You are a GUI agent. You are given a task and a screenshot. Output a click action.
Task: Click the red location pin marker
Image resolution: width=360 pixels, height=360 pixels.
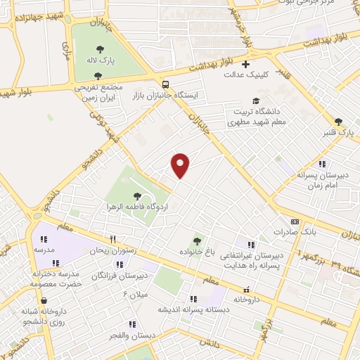tap(181, 165)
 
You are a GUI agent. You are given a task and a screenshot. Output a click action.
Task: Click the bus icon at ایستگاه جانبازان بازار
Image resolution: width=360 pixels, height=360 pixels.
tap(165, 83)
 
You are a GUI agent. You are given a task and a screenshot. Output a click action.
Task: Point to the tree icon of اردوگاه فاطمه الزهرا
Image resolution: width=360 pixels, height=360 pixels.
tap(136, 196)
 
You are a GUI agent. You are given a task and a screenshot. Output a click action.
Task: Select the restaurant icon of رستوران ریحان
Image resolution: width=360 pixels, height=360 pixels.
tap(112, 240)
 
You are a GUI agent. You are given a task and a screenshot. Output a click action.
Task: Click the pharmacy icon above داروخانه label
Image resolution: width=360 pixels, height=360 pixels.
tap(246, 290)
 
